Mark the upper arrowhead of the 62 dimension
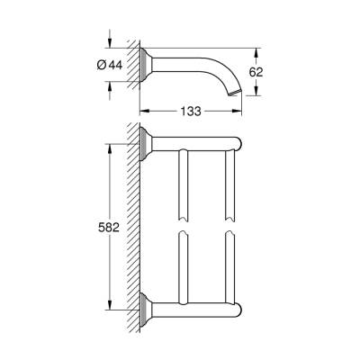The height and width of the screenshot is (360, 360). pyautogui.click(x=256, y=49)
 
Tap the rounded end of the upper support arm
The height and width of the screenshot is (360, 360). pyautogui.click(x=238, y=142)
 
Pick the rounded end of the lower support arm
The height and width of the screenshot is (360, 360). pyautogui.click(x=238, y=306)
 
